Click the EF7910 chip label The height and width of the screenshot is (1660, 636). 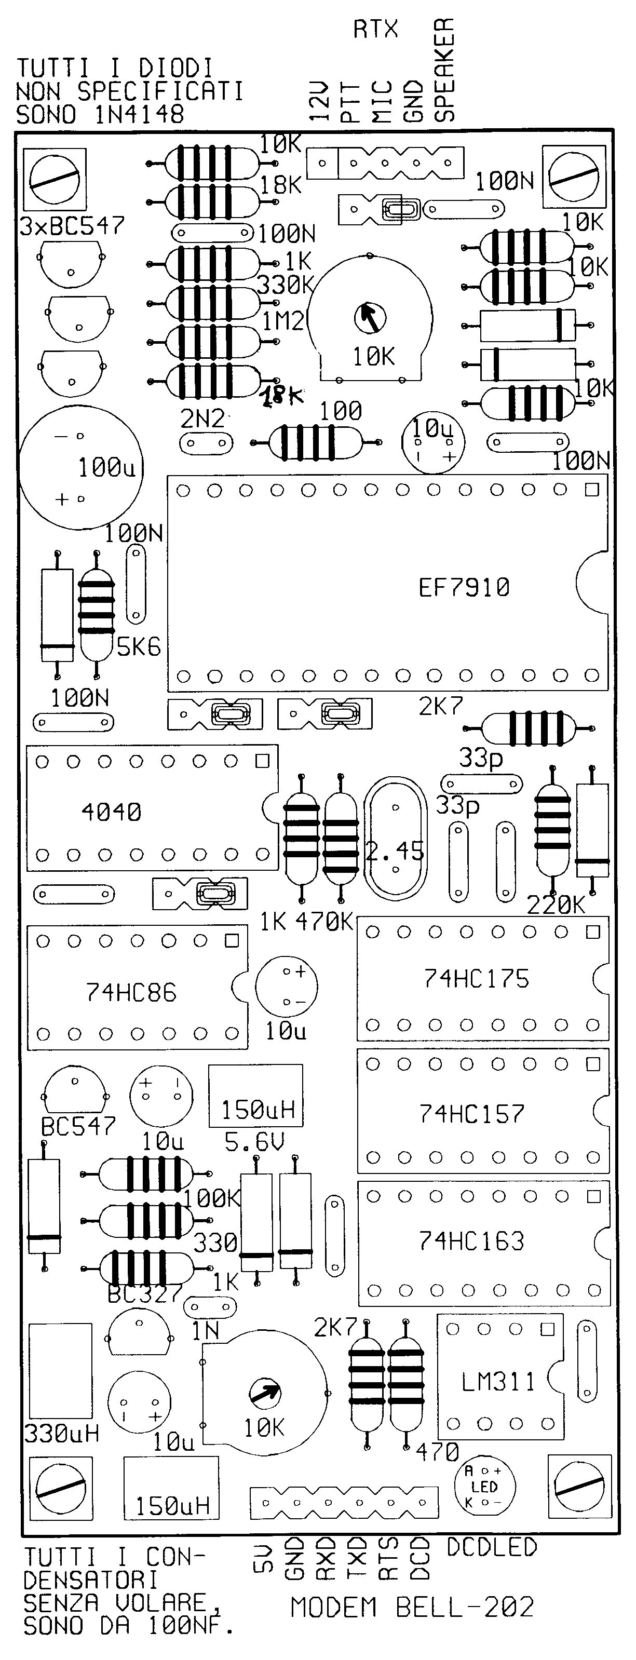[464, 587]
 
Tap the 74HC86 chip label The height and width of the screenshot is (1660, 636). [131, 992]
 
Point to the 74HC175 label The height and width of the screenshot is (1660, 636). [476, 979]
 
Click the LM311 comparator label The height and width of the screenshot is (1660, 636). [498, 1382]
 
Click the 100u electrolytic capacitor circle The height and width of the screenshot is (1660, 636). [80, 468]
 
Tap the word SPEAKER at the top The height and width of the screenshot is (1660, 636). [444, 69]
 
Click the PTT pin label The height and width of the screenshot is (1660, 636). [350, 102]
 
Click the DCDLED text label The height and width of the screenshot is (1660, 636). [492, 1547]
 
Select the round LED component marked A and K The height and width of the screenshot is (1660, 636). [484, 1487]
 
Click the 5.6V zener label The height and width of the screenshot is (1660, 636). [254, 1142]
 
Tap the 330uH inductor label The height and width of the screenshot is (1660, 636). [61, 1433]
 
